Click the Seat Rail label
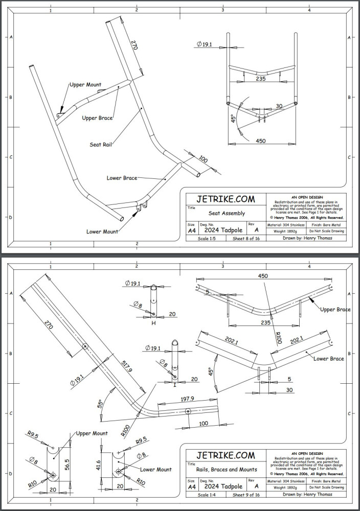tap(101, 144)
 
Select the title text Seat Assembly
tap(227, 213)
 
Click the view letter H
tap(153, 323)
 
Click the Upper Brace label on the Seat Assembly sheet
tap(98, 118)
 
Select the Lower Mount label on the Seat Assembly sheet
tap(102, 231)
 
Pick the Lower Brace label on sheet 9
tap(328, 358)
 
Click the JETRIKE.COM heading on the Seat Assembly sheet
tap(226, 199)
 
